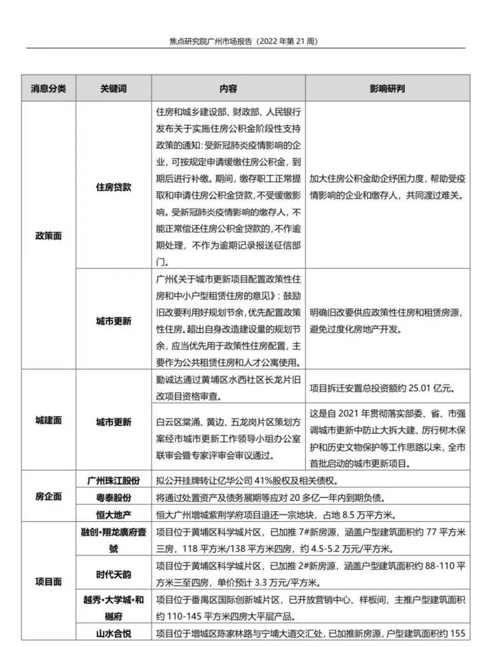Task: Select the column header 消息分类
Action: [x=49, y=89]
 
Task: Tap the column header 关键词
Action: [x=113, y=89]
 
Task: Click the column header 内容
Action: [x=228, y=89]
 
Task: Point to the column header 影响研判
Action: [x=388, y=89]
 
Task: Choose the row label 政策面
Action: [x=49, y=236]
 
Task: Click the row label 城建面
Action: [x=49, y=421]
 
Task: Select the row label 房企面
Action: [x=49, y=497]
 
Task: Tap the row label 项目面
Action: [x=49, y=580]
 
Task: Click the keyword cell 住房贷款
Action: [x=113, y=187]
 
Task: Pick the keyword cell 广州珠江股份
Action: [x=113, y=480]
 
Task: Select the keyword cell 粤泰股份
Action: [x=113, y=497]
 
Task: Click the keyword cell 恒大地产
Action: [x=113, y=514]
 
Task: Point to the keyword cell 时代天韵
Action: [x=113, y=574]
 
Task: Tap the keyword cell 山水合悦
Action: [x=113, y=633]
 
